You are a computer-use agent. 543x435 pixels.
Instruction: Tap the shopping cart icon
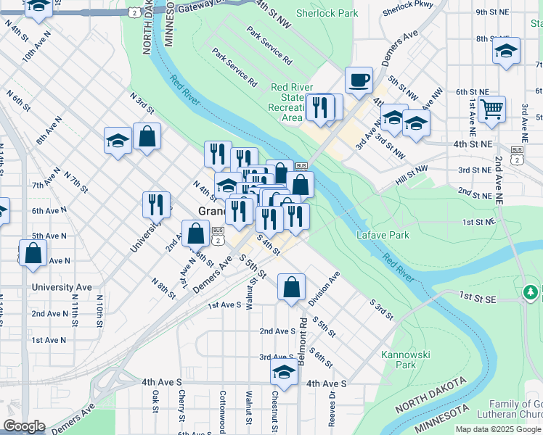(492, 109)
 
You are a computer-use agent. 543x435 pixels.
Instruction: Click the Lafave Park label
(383, 235)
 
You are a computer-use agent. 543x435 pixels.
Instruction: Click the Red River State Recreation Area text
(292, 102)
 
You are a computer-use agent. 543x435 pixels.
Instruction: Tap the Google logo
(25, 426)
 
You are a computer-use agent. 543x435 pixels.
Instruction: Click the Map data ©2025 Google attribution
(497, 429)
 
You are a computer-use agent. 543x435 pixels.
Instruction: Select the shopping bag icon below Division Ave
(291, 286)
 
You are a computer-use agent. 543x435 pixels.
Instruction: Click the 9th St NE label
(491, 12)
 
